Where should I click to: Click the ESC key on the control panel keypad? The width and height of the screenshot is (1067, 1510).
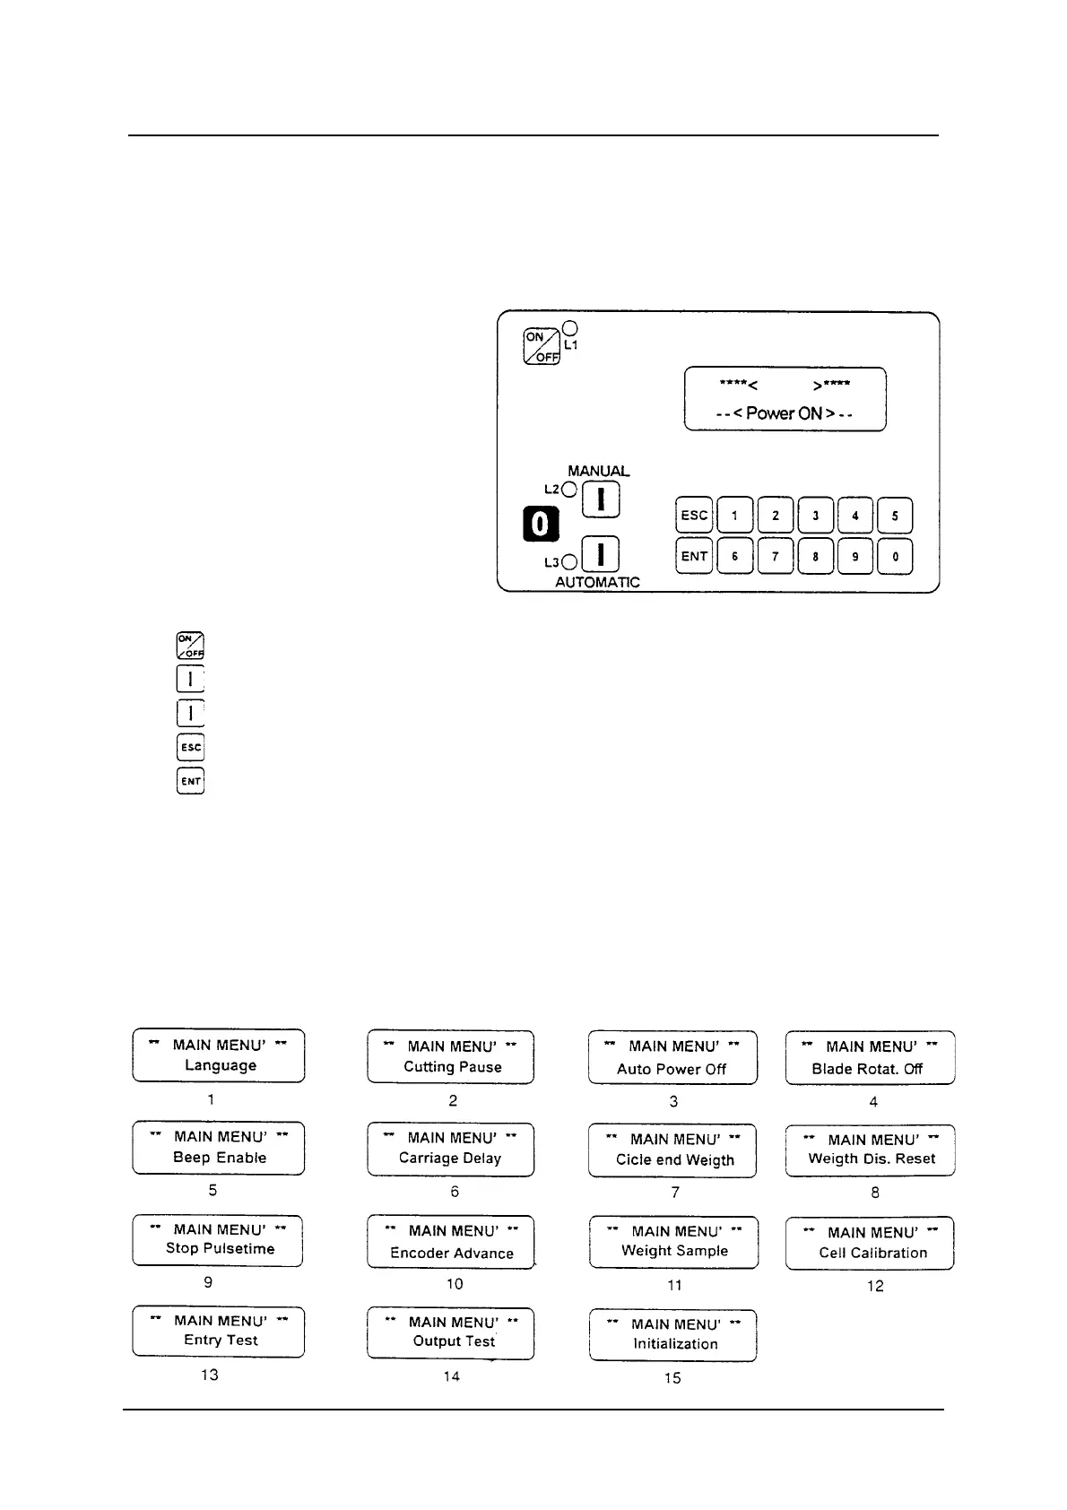coord(694,516)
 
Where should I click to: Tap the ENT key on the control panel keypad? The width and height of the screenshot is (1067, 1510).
coord(694,556)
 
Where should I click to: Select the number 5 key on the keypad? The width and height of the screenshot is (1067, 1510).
coord(895,516)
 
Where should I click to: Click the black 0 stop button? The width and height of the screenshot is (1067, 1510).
coord(541,524)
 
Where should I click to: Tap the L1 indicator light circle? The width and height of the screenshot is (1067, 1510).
coord(570,328)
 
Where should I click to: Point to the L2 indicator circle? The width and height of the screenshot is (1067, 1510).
coord(568,490)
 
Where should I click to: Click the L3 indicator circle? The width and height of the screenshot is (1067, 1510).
coord(568,563)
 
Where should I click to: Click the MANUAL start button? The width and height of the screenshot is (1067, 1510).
coord(602,499)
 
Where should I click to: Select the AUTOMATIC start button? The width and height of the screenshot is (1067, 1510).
coord(602,555)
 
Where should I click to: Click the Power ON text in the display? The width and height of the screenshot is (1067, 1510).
coord(785,413)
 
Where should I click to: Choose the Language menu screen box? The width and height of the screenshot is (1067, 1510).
coord(219,1055)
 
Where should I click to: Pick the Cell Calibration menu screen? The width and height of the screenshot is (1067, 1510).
coord(870,1243)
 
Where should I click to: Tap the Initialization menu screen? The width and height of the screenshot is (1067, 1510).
coord(672,1335)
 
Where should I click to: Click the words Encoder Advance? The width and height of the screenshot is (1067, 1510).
coord(452,1254)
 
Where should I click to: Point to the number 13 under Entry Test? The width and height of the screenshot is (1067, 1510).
coord(210,1375)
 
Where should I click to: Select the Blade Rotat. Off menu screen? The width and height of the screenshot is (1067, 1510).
coord(870,1058)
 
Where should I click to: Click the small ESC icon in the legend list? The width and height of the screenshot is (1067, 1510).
coord(191,747)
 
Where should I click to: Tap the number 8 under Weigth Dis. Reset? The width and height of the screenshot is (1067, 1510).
coord(875,1193)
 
